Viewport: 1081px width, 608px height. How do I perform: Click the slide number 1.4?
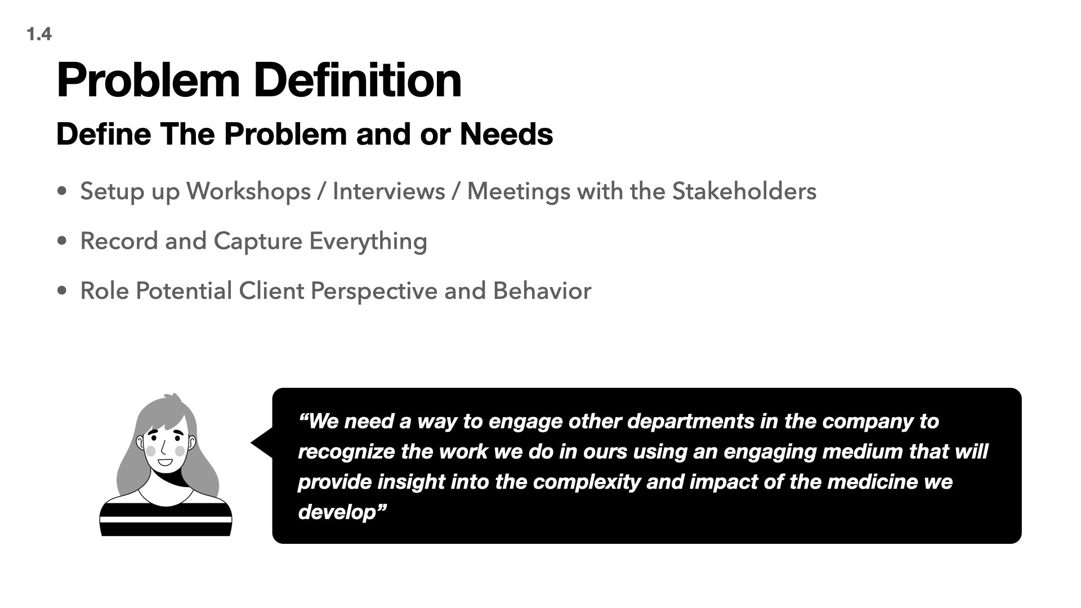tap(39, 34)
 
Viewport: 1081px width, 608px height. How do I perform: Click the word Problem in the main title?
tap(148, 82)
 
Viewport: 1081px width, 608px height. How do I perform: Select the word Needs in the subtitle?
tap(506, 135)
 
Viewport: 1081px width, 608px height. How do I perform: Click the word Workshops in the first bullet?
tap(248, 191)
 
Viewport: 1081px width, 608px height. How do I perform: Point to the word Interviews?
tap(388, 191)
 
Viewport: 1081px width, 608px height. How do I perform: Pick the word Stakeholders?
tap(744, 191)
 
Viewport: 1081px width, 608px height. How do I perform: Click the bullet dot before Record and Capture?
tap(62, 242)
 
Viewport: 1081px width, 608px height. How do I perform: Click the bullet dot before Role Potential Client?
tap(62, 291)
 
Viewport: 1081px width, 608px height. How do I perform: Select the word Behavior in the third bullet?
tap(542, 291)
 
